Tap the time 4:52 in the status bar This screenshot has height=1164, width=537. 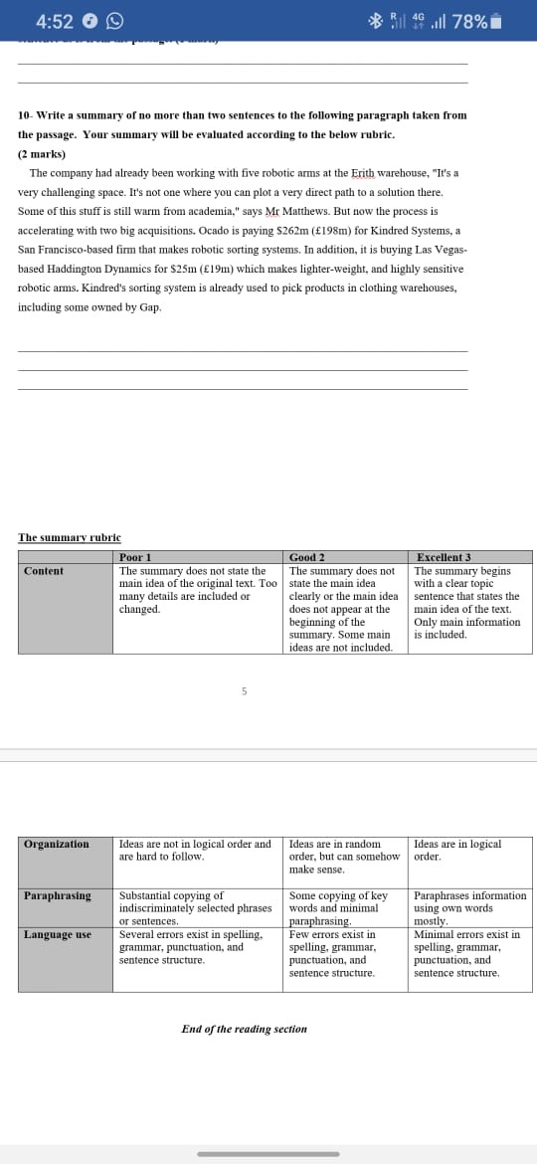54,21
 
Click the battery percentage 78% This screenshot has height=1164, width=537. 469,21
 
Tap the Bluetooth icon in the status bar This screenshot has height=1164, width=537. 375,21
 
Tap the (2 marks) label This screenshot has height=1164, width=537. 42,154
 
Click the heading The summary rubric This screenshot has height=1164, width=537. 70,538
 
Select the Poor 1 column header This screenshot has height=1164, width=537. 135,557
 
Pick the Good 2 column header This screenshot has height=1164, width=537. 307,557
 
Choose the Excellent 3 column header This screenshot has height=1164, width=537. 444,557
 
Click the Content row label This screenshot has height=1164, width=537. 44,571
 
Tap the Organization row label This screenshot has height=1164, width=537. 57,844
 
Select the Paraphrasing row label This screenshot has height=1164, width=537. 58,895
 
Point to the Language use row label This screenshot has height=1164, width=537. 58,934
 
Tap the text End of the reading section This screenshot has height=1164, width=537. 244,1029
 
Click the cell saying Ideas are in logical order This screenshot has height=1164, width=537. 456,850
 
